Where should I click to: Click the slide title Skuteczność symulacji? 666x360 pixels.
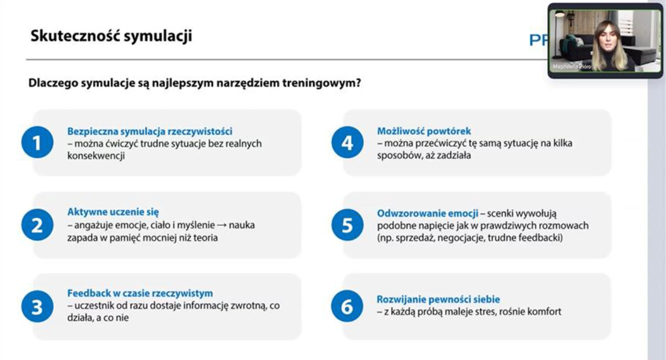(x=111, y=36)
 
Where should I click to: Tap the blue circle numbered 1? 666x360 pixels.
(x=37, y=142)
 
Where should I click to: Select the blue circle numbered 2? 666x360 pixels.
(x=37, y=225)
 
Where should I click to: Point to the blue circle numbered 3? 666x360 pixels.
(x=37, y=306)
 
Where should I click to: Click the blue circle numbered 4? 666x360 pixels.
(x=347, y=142)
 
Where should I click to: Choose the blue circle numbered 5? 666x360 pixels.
(x=347, y=225)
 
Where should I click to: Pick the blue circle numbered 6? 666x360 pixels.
(x=347, y=306)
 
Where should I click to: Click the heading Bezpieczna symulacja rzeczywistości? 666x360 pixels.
(x=149, y=132)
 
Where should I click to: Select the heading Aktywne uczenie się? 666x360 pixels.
(x=113, y=212)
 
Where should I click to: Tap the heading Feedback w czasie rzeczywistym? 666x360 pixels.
(x=140, y=293)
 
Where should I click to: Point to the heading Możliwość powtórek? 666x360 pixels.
(x=424, y=132)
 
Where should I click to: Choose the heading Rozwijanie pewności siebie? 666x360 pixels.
(x=438, y=300)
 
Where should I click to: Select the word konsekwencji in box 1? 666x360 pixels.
(x=96, y=156)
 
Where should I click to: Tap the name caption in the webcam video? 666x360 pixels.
(x=571, y=67)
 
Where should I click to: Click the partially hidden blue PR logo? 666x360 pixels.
(x=538, y=41)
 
